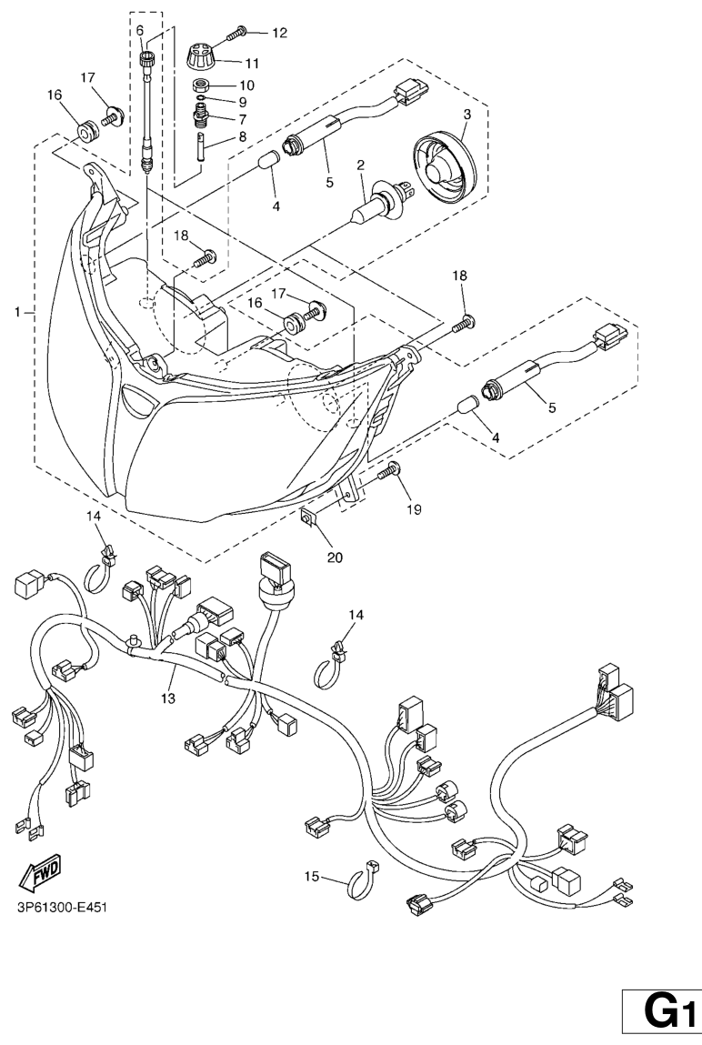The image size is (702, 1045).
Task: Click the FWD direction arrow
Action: click(39, 875)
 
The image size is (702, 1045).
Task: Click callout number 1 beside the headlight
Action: click(17, 312)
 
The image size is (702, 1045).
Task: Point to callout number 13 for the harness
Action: click(169, 698)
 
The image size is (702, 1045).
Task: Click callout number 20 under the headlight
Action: click(335, 557)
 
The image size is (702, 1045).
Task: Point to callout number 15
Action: click(312, 877)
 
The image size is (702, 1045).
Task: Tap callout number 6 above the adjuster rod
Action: click(140, 30)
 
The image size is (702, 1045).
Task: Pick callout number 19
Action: click(414, 509)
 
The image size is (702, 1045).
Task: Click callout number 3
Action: click(466, 115)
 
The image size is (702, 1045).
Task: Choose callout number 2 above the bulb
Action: click(360, 166)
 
